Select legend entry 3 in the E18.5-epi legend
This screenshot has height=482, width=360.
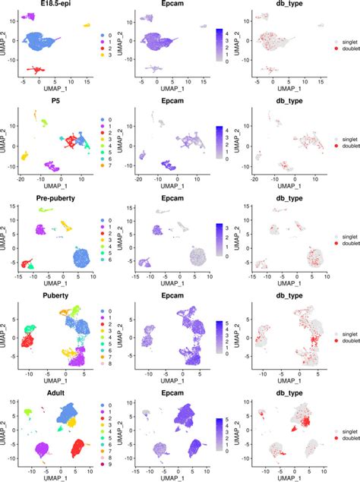[x=106, y=57]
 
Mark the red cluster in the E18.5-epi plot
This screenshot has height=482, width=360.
[x=33, y=70]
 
